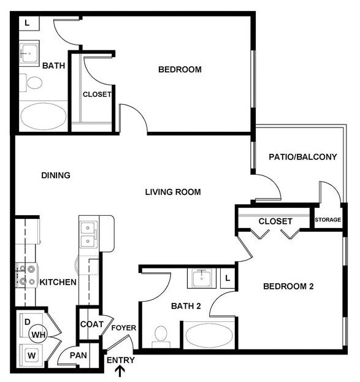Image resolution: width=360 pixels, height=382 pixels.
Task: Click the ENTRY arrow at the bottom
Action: click(121, 370)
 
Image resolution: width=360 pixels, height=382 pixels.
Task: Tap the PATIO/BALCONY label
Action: click(303, 157)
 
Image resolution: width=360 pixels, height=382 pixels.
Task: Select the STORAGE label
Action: click(327, 220)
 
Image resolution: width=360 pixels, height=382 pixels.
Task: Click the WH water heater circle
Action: click(38, 334)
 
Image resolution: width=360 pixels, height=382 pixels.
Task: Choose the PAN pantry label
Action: click(78, 355)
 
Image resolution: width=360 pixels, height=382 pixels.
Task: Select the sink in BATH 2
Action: click(202, 278)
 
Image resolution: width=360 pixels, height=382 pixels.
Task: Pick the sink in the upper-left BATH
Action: click(28, 54)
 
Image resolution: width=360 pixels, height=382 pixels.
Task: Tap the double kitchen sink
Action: click(88, 234)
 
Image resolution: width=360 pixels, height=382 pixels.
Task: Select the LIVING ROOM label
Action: click(173, 192)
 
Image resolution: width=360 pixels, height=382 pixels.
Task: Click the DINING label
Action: click(56, 175)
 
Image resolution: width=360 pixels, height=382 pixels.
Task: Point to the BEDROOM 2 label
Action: click(288, 286)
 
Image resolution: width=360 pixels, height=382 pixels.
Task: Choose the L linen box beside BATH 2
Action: click(228, 278)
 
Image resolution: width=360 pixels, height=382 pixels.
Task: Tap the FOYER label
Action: click(123, 328)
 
